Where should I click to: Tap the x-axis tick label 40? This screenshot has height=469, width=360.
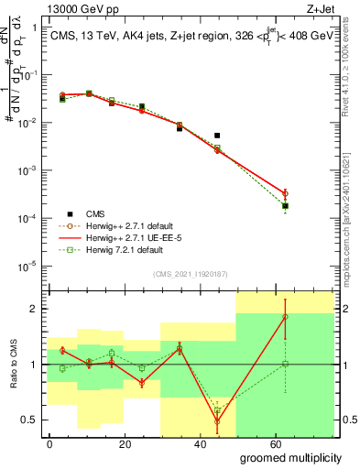(x=166, y=442)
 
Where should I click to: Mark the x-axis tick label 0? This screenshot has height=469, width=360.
(x=49, y=442)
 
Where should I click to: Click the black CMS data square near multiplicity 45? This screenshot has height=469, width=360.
(x=217, y=136)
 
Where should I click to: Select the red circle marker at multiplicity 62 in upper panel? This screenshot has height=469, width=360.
(x=285, y=193)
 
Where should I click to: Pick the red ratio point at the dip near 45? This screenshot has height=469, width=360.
(x=217, y=422)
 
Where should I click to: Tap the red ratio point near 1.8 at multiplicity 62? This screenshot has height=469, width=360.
(x=285, y=317)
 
